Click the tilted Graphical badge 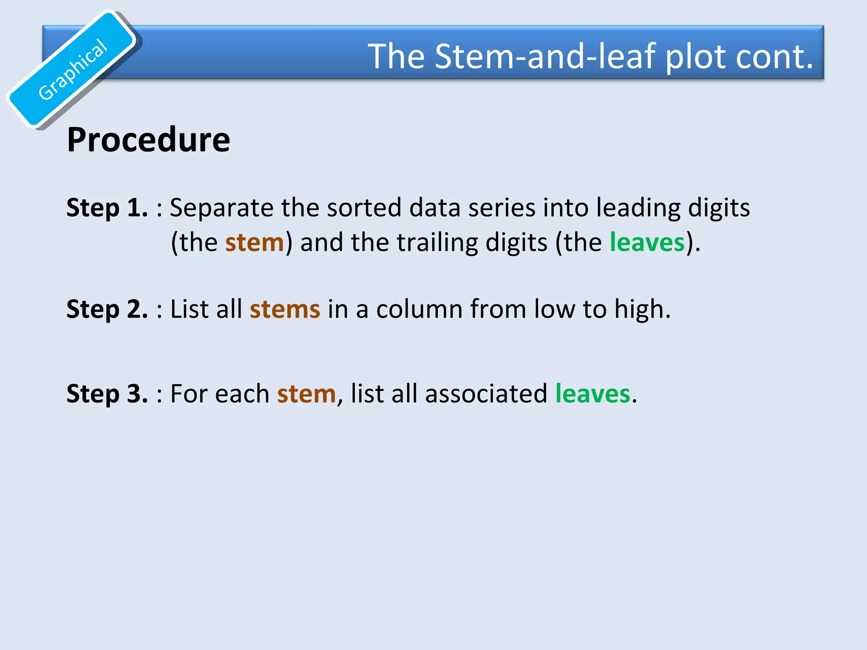(72, 70)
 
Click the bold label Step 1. (107, 208)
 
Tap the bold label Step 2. (107, 309)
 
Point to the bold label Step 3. (107, 394)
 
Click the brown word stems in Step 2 (284, 309)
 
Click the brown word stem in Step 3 (306, 394)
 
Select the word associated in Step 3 (486, 394)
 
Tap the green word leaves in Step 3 (593, 394)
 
